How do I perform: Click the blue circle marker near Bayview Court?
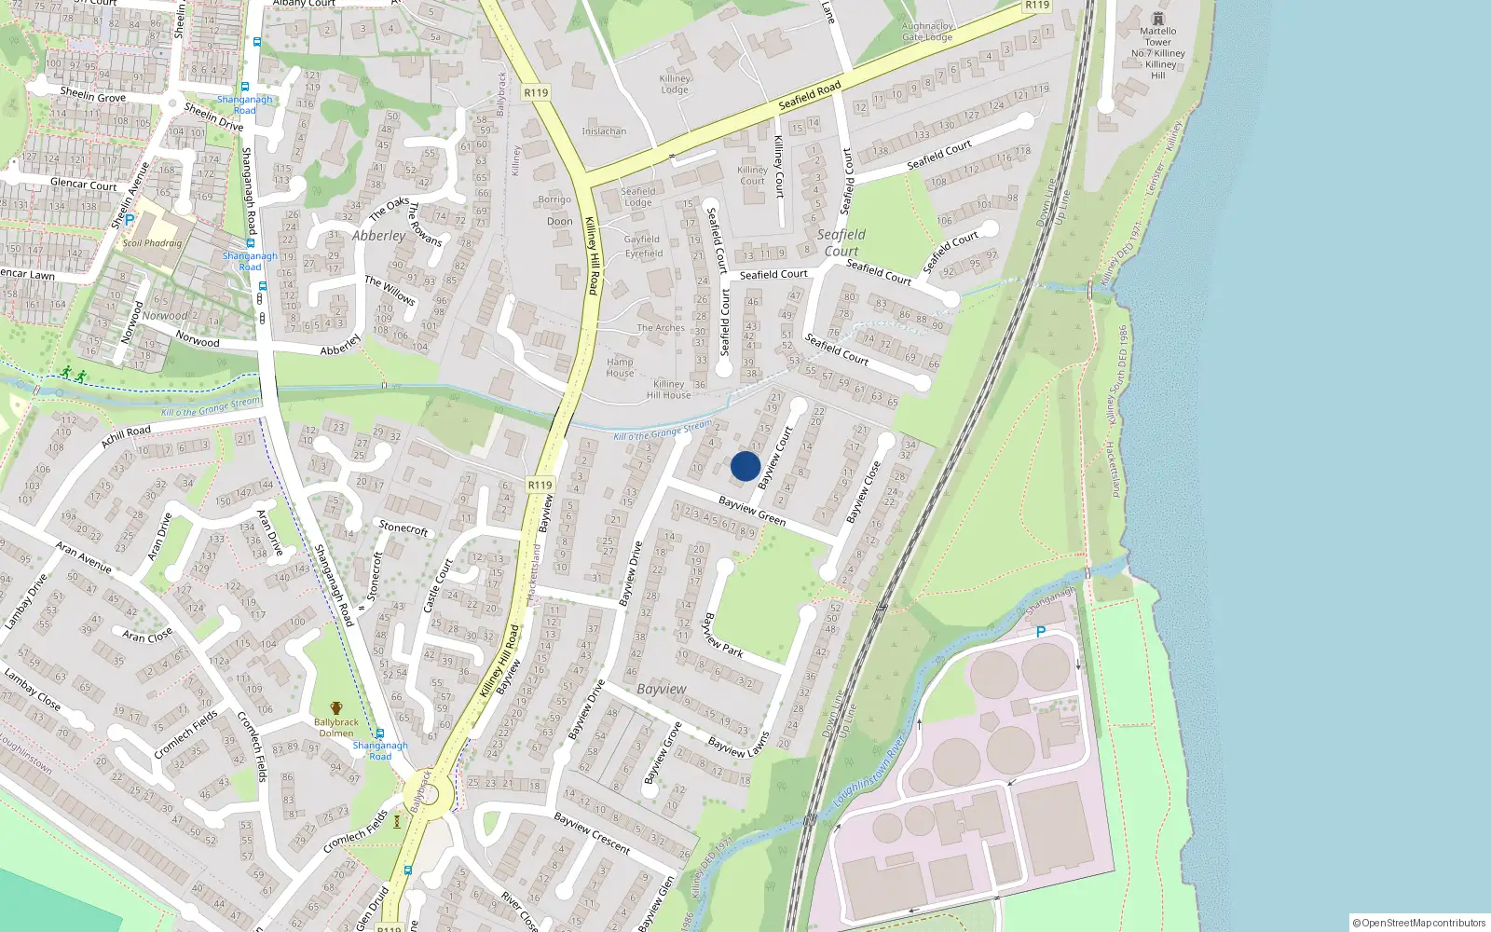pyautogui.click(x=745, y=466)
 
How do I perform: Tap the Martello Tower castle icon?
pyautogui.click(x=1157, y=19)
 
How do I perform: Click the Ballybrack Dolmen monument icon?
pyautogui.click(x=336, y=708)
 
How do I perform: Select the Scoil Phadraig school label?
pyautogui.click(x=153, y=243)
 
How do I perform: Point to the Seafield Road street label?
pyautogui.click(x=810, y=96)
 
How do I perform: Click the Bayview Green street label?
pyautogui.click(x=752, y=510)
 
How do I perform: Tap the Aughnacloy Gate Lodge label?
pyautogui.click(x=927, y=33)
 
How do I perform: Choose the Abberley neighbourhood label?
pyautogui.click(x=379, y=236)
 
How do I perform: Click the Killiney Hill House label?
pyautogui.click(x=669, y=390)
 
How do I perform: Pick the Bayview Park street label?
pyautogui.click(x=723, y=635)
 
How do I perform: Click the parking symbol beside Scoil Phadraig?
pyautogui.click(x=130, y=220)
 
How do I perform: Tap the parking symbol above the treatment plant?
pyautogui.click(x=1041, y=632)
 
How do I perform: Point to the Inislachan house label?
pyautogui.click(x=604, y=131)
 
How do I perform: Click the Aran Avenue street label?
pyautogui.click(x=83, y=557)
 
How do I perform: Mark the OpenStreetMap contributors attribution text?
pyautogui.click(x=1419, y=923)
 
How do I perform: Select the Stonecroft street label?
pyautogui.click(x=404, y=528)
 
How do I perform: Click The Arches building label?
pyautogui.click(x=661, y=328)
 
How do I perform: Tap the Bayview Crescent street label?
pyautogui.click(x=592, y=833)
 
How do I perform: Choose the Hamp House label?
pyautogui.click(x=620, y=367)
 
